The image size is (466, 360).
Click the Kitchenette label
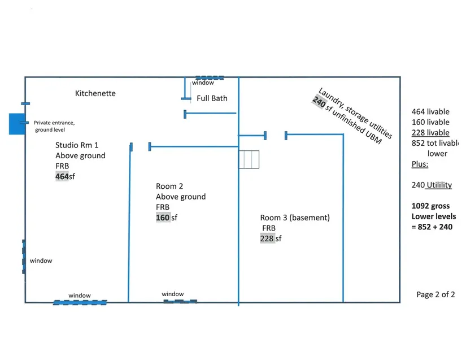(95, 93)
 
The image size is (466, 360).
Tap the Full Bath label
(212, 98)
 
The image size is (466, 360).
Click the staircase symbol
(248, 159)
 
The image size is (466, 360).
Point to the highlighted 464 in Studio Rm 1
(62, 176)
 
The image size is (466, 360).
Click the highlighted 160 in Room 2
(163, 218)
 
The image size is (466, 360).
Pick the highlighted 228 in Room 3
(267, 238)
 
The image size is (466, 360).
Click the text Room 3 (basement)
(295, 218)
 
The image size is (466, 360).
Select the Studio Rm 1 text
(77, 145)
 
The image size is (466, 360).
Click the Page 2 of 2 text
(435, 294)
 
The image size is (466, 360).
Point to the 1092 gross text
(433, 206)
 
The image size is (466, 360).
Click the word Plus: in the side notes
(420, 164)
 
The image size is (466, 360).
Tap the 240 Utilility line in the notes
(432, 185)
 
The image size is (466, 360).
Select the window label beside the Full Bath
(203, 83)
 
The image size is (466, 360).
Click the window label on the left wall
(41, 261)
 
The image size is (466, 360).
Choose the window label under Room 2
(172, 294)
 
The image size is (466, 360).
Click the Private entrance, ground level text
(54, 126)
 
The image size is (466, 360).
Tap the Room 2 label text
(169, 186)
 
